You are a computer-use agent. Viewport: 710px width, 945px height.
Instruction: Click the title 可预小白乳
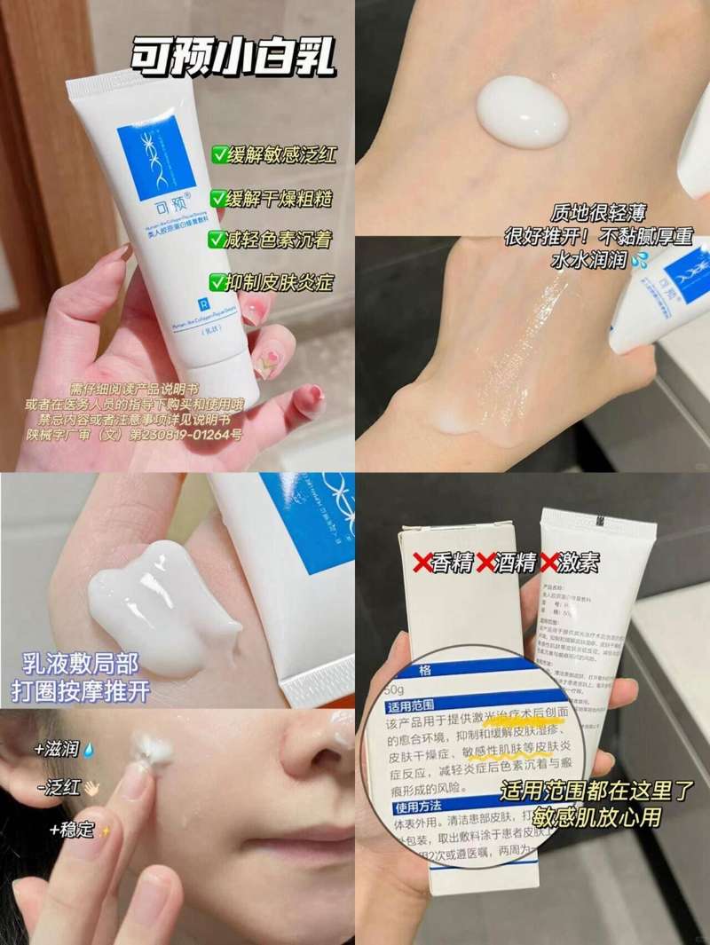click(x=233, y=55)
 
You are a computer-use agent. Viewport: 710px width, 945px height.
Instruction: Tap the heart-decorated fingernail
click(x=265, y=360)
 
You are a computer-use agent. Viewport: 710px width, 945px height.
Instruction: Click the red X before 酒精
click(x=485, y=563)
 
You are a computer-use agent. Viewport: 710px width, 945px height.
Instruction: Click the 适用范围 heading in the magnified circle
click(x=411, y=708)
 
